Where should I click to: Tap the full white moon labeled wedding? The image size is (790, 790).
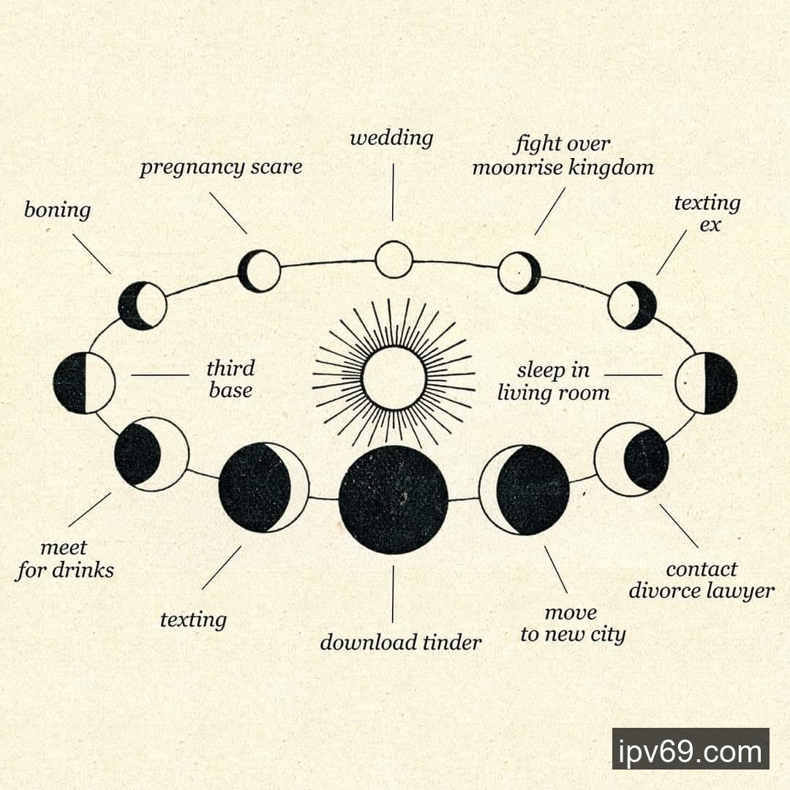point(394,260)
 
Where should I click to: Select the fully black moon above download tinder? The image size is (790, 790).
point(394,500)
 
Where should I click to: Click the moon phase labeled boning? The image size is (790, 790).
point(143,305)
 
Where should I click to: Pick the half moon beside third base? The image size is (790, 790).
point(84,383)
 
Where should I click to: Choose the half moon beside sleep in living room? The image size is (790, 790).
point(706,383)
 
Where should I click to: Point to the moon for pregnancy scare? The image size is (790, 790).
point(260,271)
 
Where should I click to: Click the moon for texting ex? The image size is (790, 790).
point(633,305)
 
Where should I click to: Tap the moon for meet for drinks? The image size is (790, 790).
point(151,454)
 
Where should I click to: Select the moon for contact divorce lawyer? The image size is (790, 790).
point(631,459)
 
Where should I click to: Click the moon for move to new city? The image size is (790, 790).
point(524,490)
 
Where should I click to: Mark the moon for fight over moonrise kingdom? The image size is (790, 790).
point(519,272)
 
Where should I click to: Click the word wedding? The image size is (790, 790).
point(391,138)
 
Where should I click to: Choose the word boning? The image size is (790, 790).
point(58,211)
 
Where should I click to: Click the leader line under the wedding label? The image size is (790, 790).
point(393,192)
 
